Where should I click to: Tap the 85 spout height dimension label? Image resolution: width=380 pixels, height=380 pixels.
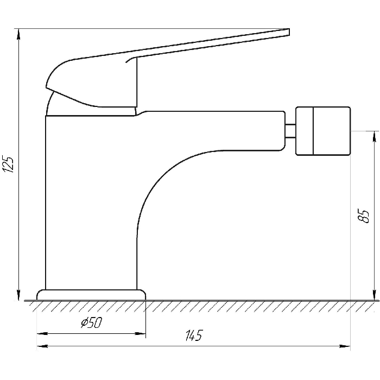pos(363,216)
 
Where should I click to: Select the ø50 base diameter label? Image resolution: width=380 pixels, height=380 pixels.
pos(91,323)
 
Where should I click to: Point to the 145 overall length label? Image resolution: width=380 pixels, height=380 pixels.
pos(194,335)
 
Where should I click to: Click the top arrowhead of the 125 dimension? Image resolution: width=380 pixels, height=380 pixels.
pos(18,34)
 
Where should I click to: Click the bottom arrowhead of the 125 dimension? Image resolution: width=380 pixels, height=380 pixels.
pos(18,295)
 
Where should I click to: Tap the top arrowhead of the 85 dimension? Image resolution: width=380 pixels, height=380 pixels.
pos(375,136)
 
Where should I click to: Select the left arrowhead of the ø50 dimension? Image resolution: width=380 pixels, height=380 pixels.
pos(42,334)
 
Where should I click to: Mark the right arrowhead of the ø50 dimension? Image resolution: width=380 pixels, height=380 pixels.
pos(140,334)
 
